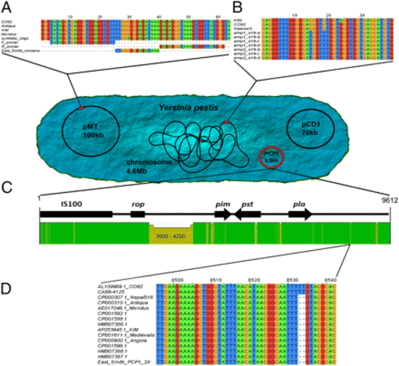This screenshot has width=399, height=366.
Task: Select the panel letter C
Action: pos(8,185)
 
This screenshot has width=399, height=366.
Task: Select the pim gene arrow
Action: pos(222,215)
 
